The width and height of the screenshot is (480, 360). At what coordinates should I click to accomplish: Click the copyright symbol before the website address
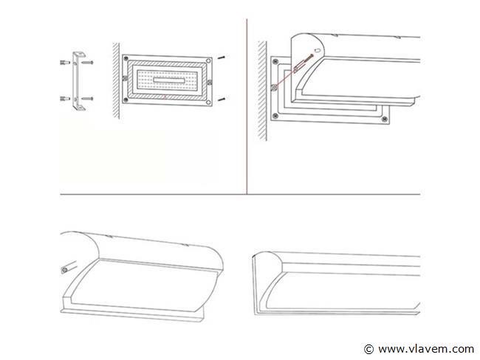(x=369, y=349)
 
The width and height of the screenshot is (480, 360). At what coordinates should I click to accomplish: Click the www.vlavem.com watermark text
(x=426, y=349)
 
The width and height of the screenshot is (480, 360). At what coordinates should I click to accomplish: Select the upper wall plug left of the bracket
(x=65, y=63)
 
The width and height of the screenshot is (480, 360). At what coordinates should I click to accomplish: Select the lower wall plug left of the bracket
(x=65, y=99)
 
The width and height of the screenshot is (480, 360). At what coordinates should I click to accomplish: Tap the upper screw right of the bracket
(x=88, y=63)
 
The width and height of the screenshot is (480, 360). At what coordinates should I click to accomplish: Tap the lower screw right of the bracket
(x=88, y=99)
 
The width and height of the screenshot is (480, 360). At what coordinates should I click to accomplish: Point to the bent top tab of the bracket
(x=80, y=55)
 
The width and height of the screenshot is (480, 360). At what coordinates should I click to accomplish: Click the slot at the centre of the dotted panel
(x=169, y=80)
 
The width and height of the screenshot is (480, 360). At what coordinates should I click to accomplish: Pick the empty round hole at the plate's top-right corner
(x=208, y=61)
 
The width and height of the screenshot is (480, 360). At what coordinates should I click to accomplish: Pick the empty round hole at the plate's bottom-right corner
(x=208, y=102)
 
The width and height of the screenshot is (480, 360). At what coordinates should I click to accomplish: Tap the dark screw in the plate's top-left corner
(x=126, y=58)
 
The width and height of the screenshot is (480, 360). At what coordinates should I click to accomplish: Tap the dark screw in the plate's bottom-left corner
(x=126, y=100)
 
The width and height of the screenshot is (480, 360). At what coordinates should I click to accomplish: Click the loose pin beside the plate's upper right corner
(x=221, y=58)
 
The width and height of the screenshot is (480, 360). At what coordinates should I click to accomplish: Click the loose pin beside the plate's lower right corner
(x=222, y=99)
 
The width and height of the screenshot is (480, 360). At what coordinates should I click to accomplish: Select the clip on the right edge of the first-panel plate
(x=210, y=82)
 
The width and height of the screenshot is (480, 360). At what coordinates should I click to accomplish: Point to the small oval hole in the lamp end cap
(x=318, y=50)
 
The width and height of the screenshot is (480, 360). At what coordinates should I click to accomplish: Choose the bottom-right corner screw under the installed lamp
(x=385, y=120)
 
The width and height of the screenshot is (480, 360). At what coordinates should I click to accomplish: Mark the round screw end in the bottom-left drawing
(x=64, y=271)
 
